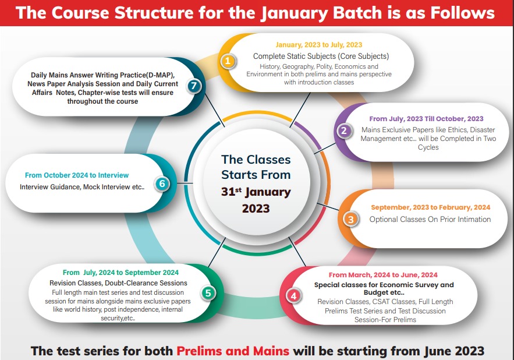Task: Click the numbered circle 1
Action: point(229,61)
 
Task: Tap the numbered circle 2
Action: point(344,131)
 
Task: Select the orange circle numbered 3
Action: point(350,219)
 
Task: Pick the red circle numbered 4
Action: point(294,296)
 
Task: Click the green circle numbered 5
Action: point(208,292)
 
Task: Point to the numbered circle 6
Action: point(162,184)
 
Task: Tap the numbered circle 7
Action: point(195,86)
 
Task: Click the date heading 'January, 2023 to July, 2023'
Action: point(319,45)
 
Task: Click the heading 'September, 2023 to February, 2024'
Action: point(430,207)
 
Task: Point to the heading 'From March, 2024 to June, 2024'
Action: point(383,275)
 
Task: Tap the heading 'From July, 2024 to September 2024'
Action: point(120,272)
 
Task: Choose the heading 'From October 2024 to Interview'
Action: point(77,175)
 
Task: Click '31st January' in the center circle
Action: point(256,192)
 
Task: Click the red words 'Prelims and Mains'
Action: point(233,351)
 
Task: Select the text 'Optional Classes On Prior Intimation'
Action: point(430,220)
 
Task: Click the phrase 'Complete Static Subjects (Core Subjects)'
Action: point(321,57)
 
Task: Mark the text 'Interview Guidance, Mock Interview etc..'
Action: point(81,187)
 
